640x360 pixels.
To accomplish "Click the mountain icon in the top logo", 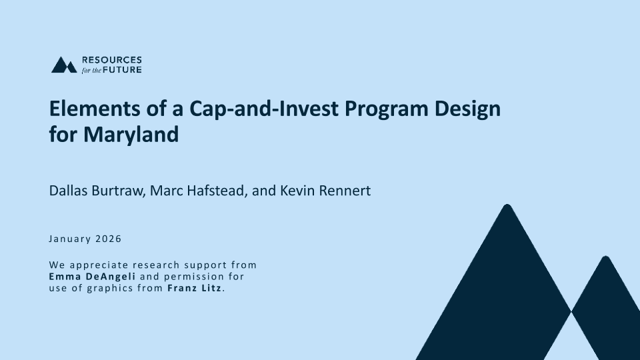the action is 64,65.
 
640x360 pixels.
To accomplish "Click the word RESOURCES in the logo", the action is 112,60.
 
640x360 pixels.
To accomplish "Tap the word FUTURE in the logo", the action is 122,70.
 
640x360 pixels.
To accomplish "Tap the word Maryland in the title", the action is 131,135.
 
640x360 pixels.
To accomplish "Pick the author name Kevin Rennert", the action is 325,191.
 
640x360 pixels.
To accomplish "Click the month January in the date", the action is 70,239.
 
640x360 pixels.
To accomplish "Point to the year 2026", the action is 108,239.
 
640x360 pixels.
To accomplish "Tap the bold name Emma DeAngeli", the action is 92,277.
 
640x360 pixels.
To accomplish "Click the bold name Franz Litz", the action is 194,288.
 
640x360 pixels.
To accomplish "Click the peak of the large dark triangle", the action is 507,205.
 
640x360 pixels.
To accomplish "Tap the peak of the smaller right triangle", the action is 606,256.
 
